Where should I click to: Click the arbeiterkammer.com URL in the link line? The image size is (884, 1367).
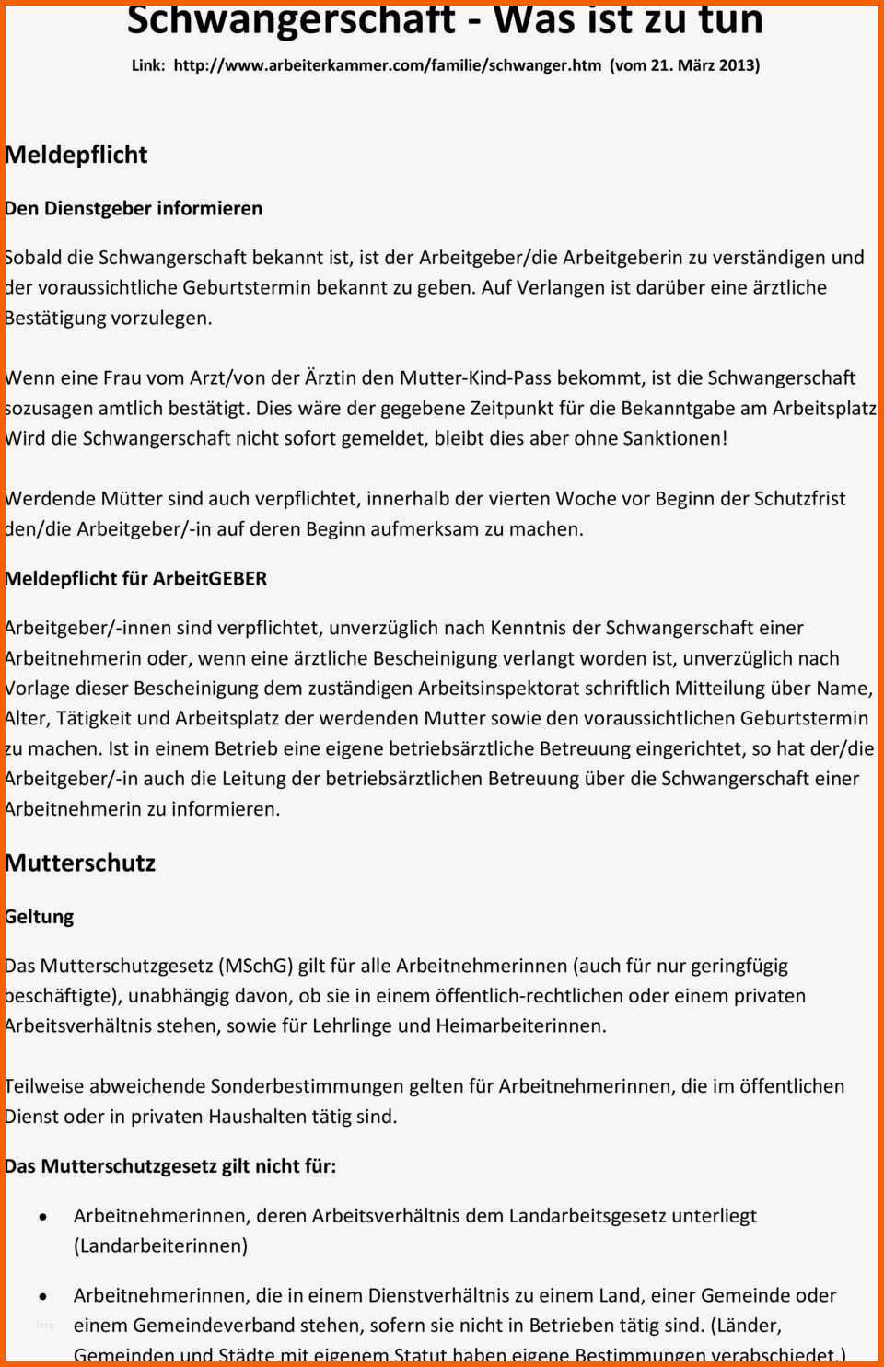(x=387, y=65)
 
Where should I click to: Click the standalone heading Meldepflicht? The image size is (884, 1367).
(x=76, y=155)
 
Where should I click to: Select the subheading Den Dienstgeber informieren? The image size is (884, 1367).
(x=134, y=208)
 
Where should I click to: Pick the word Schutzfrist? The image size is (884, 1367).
(x=799, y=499)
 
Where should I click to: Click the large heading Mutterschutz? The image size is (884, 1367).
(x=80, y=863)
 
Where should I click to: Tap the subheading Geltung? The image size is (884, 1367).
(x=40, y=917)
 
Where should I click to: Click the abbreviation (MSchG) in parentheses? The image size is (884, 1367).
(x=256, y=966)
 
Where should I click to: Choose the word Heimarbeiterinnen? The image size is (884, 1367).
(x=520, y=1025)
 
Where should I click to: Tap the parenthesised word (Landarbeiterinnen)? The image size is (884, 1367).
(x=160, y=1246)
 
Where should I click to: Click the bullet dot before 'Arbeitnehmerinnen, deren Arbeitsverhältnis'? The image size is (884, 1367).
(x=43, y=1217)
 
